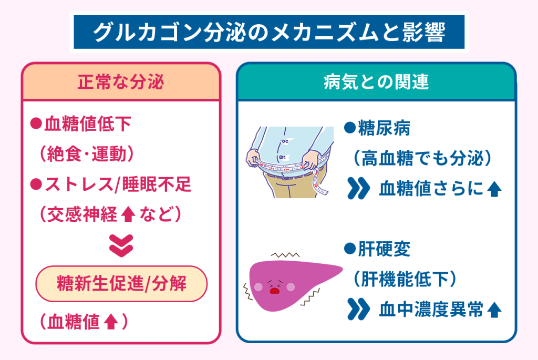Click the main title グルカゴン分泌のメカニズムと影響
pyautogui.click(x=270, y=32)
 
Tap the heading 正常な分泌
pyautogui.click(x=121, y=82)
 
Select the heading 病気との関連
pyautogui.click(x=376, y=82)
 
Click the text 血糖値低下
pyautogui.click(x=88, y=124)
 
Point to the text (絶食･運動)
pyautogui.click(x=87, y=153)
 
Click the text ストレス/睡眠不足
pyautogui.click(x=118, y=184)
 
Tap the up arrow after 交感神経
pyautogui.click(x=128, y=214)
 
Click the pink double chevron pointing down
pyautogui.click(x=121, y=246)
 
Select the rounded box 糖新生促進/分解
pyautogui.click(x=121, y=284)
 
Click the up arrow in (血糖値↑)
pyautogui.click(x=111, y=322)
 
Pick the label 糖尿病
pyautogui.click(x=384, y=128)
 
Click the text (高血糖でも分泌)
pyautogui.click(x=422, y=158)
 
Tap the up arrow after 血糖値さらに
pyautogui.click(x=494, y=189)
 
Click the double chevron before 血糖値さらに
pyautogui.click(x=358, y=188)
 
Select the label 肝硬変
pyautogui.click(x=384, y=249)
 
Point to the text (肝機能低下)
pyautogui.click(x=405, y=279)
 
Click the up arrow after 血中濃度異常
pyautogui.click(x=494, y=310)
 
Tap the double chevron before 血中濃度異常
pyautogui.click(x=358, y=309)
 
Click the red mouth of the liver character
pyautogui.click(x=274, y=291)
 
